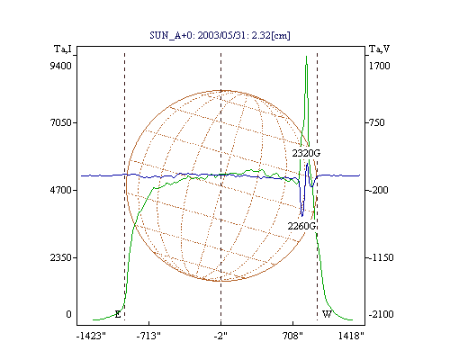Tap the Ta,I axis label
pos(63,49)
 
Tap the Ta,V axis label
pos(379,49)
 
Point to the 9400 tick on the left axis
pos(60,66)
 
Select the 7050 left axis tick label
pos(60,122)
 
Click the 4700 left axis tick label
pos(60,190)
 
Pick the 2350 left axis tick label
pos(60,257)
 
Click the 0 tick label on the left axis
pos(68,314)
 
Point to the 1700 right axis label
pos(379,66)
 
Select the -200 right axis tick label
pos(378,190)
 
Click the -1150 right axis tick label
pos(381,257)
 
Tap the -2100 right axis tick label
pos(381,314)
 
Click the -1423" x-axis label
pos(91,336)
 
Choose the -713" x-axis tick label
pos(148,336)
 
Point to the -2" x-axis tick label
pos(220,336)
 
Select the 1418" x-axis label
pos(351,336)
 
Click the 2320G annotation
pos(306,153)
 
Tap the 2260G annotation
pos(301,226)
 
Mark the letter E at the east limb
pos(118,314)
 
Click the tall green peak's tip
pos(306,56)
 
